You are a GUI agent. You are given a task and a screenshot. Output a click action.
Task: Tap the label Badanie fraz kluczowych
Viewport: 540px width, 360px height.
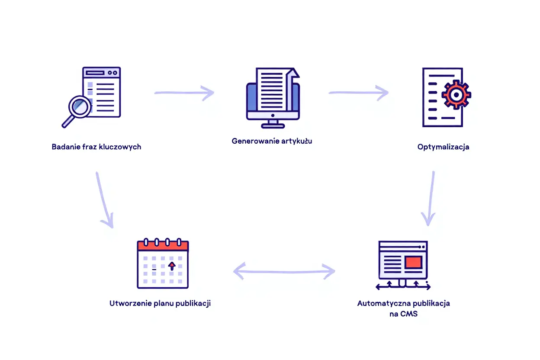click(96, 147)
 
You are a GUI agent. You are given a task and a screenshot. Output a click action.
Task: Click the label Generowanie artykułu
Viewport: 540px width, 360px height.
click(272, 141)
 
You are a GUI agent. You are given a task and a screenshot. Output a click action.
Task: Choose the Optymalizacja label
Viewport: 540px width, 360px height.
click(443, 147)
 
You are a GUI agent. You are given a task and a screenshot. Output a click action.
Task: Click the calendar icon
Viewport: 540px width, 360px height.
click(163, 264)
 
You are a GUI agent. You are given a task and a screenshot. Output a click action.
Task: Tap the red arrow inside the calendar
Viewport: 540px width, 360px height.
click(172, 266)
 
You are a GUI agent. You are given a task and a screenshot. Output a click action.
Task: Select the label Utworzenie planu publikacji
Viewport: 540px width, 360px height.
click(160, 303)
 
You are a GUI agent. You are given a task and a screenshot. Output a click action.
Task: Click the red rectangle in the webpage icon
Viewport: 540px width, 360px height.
click(413, 262)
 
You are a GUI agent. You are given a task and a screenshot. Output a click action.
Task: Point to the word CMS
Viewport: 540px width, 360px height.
click(409, 314)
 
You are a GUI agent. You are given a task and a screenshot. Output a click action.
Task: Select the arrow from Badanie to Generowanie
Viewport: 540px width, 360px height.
click(184, 93)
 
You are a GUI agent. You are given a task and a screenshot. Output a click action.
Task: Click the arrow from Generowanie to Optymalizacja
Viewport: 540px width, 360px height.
click(358, 93)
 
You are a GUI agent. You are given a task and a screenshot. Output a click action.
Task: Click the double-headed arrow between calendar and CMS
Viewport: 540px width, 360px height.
click(284, 272)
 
